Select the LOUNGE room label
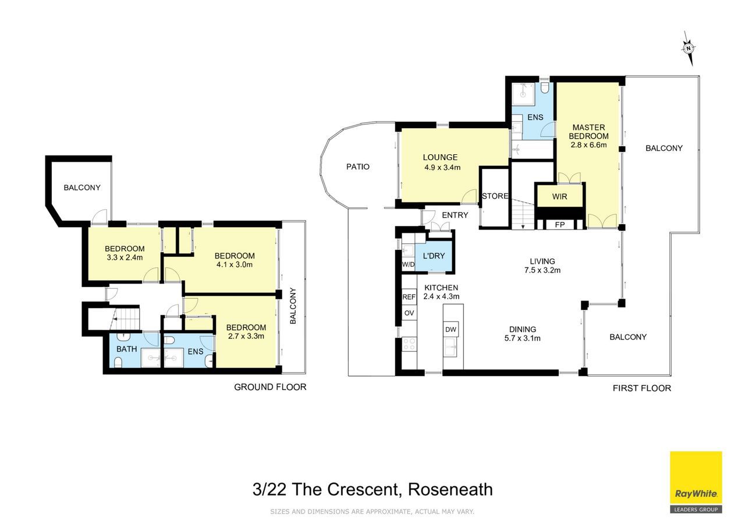(440, 157)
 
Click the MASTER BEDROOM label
(588, 132)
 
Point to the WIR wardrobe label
(559, 197)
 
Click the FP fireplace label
(560, 225)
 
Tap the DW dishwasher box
(450, 330)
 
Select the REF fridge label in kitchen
(409, 297)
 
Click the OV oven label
(409, 313)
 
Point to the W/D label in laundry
(409, 265)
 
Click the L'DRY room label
(434, 256)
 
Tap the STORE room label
(495, 196)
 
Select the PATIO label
(358, 167)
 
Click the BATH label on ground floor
(127, 349)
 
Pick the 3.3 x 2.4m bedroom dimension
(125, 257)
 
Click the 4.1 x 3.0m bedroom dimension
(235, 265)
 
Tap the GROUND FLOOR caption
(270, 387)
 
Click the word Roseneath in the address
(450, 489)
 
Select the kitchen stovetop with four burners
(409, 344)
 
